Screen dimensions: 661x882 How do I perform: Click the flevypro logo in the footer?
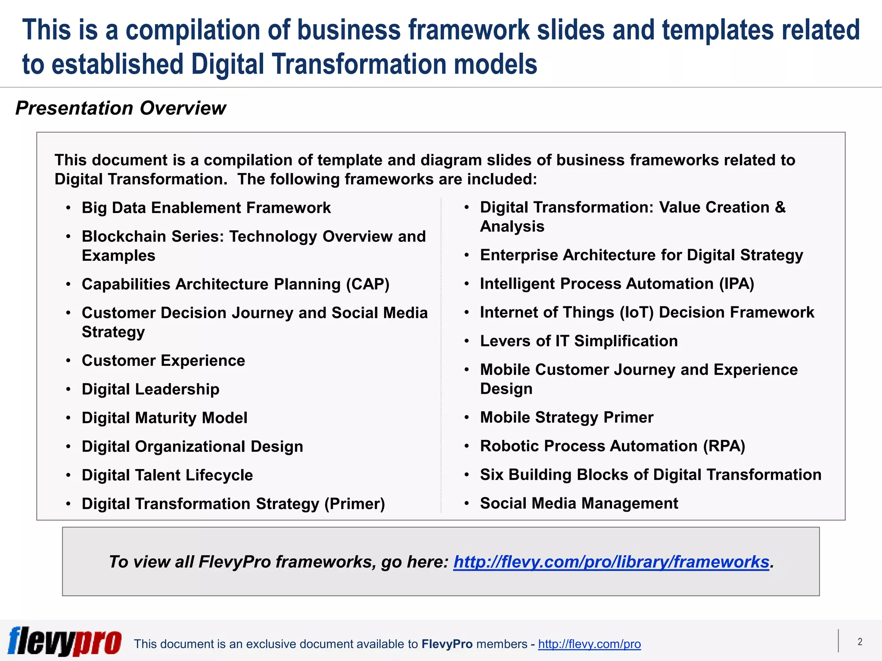pos(65,641)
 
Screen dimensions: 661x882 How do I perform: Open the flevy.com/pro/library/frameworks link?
pos(611,562)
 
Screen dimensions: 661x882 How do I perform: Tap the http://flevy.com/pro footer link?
pos(589,644)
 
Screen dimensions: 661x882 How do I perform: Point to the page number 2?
pos(860,642)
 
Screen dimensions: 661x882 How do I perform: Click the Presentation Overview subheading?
pos(121,108)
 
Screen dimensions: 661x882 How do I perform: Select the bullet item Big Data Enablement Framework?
pos(206,208)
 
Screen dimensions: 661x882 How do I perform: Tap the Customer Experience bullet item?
pos(163,361)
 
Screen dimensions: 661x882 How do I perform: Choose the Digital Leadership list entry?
pos(150,389)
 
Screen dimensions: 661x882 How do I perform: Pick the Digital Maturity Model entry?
pos(165,418)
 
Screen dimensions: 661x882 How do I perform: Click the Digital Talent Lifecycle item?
pos(167,476)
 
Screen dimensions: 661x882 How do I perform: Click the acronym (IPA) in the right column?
pos(736,284)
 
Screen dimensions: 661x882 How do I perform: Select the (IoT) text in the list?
pos(637,312)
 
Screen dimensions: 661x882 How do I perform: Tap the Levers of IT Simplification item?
pos(579,341)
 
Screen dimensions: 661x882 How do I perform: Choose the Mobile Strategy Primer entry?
pos(567,417)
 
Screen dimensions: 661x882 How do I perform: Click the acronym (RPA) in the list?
pos(724,446)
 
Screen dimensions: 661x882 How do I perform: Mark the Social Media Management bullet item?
pos(579,503)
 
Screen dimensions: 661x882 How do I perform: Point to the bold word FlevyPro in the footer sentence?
pos(447,644)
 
